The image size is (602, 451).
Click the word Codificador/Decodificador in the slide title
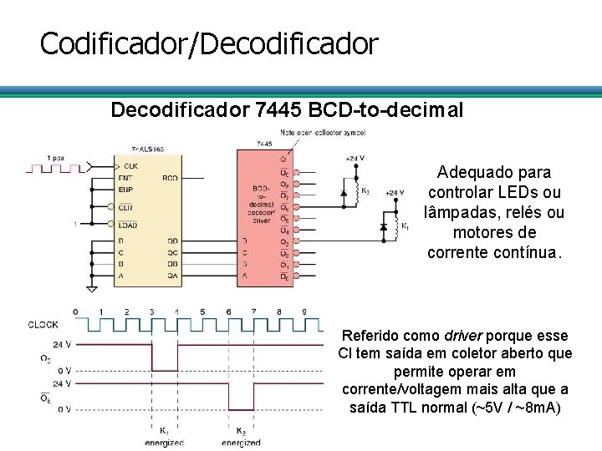(x=209, y=43)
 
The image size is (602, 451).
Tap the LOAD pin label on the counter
(x=128, y=224)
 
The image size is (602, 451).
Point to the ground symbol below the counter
(x=92, y=289)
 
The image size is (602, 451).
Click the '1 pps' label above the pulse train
(x=56, y=157)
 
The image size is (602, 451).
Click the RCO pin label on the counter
(x=170, y=178)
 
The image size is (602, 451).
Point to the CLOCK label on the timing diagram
(x=43, y=325)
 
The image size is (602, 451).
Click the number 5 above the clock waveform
(x=202, y=312)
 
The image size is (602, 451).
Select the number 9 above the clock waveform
(x=305, y=312)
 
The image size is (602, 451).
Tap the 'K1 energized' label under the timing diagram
(x=165, y=437)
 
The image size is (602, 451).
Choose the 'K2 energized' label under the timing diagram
(x=242, y=437)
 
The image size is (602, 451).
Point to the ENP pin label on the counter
(x=126, y=190)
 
